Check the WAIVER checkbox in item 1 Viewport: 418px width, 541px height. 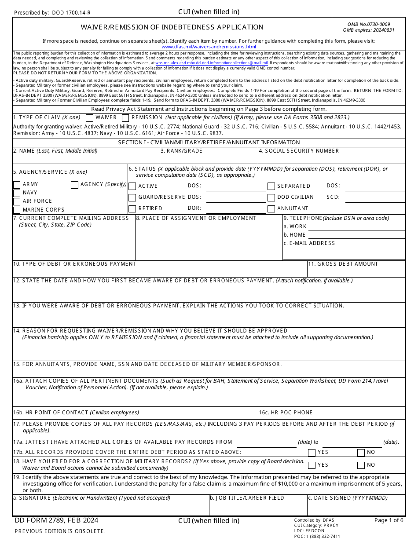click(90, 118)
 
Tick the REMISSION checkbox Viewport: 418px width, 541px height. click(125, 118)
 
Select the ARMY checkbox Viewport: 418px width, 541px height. click(17, 185)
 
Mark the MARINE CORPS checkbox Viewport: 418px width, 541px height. click(17, 210)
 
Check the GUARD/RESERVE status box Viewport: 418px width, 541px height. click(132, 197)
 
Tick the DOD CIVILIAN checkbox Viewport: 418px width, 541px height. click(271, 197)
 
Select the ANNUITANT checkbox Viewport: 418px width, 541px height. click(271, 209)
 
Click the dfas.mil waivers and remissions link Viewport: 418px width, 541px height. click(209, 47)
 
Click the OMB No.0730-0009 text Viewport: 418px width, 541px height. click(369, 25)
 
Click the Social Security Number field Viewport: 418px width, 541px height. click(331, 158)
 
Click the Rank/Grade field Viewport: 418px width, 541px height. click(209, 158)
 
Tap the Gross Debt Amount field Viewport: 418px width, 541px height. click(356, 271)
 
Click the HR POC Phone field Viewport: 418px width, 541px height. click(332, 415)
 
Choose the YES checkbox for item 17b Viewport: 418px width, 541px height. click(312, 453)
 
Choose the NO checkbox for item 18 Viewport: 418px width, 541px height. click(361, 465)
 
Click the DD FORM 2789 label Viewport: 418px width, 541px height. click(57, 521)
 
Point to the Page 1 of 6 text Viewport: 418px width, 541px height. click(389, 520)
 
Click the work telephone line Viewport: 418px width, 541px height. click(356, 227)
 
